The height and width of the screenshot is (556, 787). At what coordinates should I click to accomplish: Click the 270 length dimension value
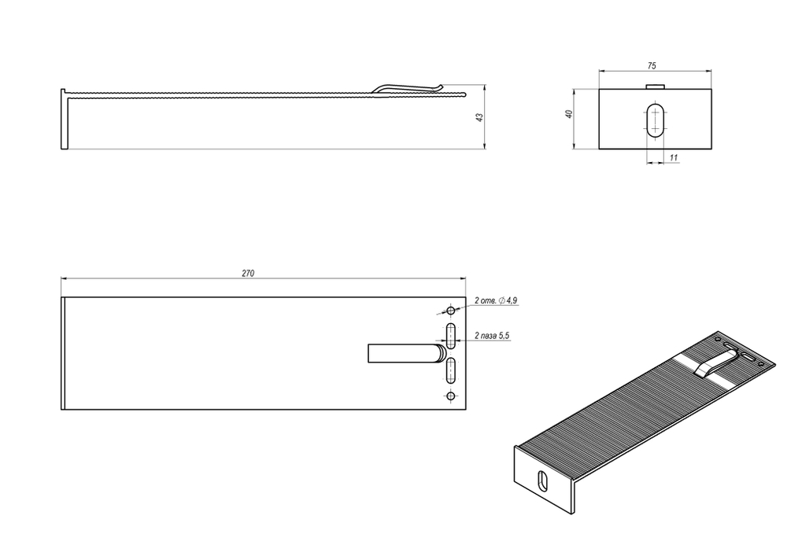pos(247,273)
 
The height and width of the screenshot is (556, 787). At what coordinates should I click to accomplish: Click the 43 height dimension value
pos(479,116)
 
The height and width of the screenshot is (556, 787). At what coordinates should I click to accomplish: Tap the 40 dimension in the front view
pos(569,115)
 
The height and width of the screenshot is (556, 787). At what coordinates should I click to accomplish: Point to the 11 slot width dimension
pos(674,158)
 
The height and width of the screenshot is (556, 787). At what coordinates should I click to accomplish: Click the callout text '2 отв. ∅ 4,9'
pos(495,301)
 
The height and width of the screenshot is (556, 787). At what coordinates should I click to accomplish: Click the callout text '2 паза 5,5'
pos(493,336)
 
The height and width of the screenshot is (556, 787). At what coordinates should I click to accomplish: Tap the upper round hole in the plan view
pos(450,310)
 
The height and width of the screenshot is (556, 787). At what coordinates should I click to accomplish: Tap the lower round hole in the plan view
pos(450,396)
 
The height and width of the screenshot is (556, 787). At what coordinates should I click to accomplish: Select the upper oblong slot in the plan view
pos(451,336)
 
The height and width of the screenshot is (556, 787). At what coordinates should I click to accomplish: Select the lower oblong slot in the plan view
pos(451,370)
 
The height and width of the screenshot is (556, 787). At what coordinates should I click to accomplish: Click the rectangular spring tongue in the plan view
pos(401,353)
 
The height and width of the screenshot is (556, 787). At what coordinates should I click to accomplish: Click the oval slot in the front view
pos(655,120)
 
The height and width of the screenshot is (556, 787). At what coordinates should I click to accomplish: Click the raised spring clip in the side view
pos(409,87)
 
